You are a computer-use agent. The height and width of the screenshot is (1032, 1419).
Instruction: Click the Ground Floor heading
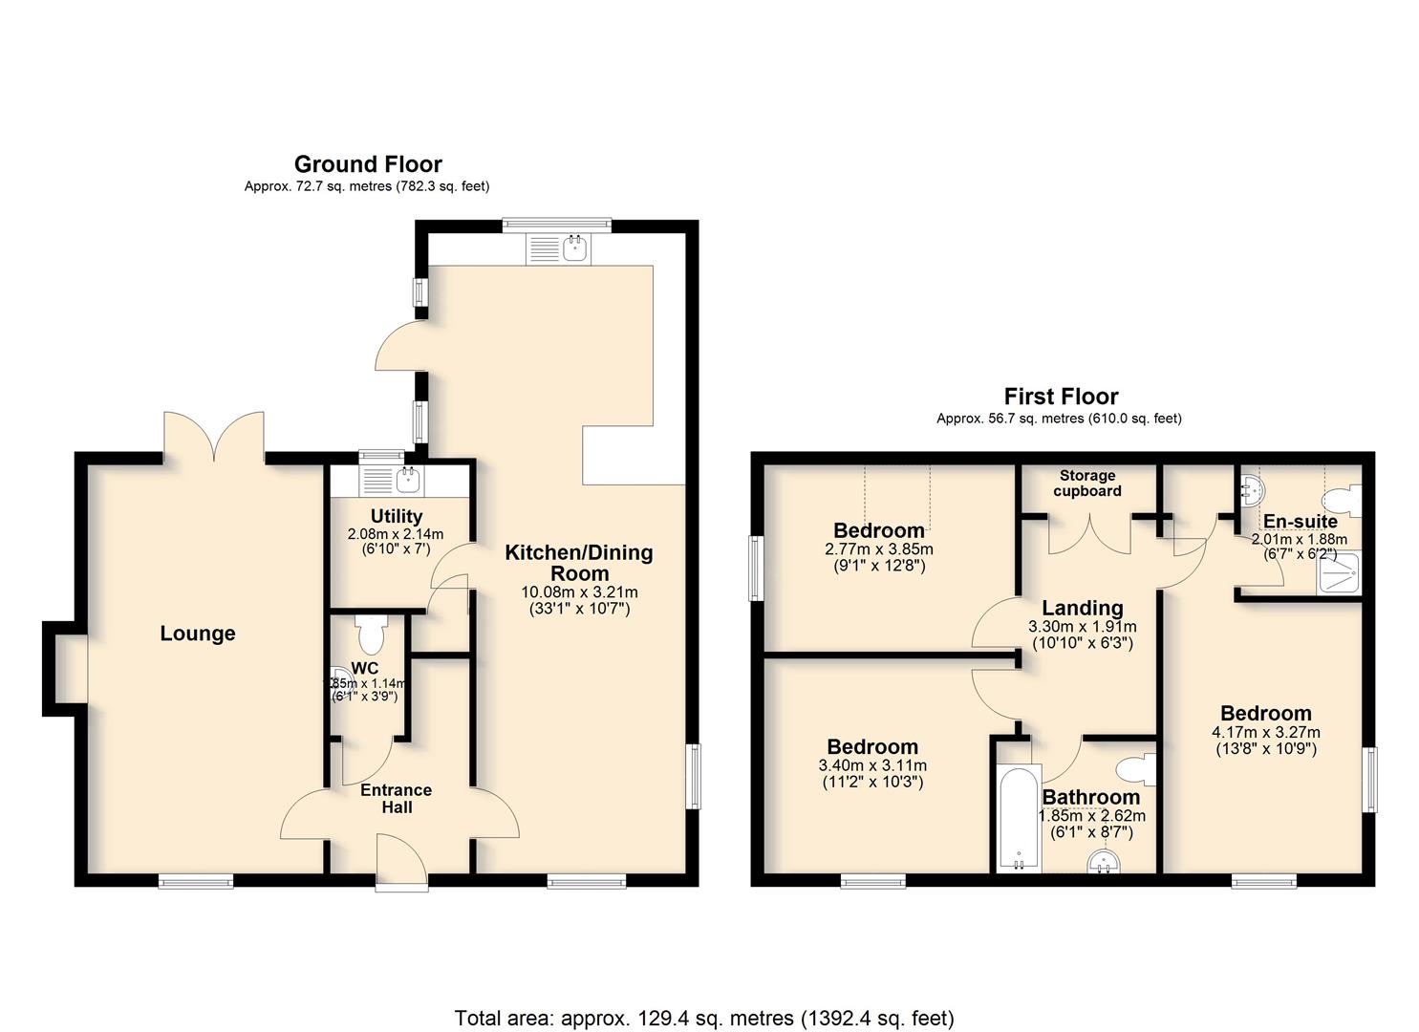coord(368,164)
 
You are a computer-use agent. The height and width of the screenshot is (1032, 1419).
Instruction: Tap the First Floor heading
coord(1061,397)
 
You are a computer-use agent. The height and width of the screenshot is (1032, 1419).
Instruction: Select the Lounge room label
coord(198,633)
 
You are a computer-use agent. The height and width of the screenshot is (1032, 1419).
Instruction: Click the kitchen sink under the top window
coord(557,248)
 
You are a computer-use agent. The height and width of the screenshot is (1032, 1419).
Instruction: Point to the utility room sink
coord(392,481)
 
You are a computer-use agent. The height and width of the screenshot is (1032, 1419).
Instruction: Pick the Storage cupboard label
coord(1087,483)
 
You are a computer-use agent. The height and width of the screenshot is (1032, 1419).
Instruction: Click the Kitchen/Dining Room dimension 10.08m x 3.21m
coord(579,592)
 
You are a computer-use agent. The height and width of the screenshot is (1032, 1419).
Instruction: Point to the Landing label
coord(1083,608)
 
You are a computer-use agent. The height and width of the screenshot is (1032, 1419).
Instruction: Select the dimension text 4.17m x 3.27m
coord(1266,732)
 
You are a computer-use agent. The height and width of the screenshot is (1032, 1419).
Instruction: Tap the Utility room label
coord(397,516)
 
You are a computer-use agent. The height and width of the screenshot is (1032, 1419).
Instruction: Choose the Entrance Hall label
coord(397,798)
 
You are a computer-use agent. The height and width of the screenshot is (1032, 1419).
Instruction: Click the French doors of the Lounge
coord(214,437)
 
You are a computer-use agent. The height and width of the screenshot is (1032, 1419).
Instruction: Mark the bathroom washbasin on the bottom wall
coord(1104,862)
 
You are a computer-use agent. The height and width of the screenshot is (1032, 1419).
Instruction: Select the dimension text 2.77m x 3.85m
coord(879,549)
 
